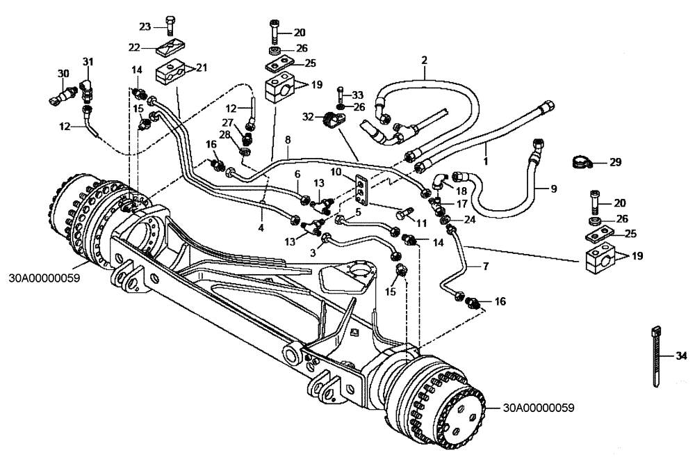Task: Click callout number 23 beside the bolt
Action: tap(144, 26)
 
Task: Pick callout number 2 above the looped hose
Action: tap(423, 61)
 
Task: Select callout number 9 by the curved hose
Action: tap(554, 187)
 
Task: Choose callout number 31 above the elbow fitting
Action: tap(88, 63)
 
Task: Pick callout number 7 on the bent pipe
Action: tap(486, 266)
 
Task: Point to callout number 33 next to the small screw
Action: tap(357, 95)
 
